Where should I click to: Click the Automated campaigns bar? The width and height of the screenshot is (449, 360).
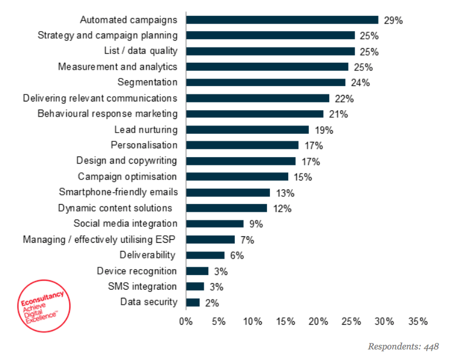pyautogui.click(x=282, y=19)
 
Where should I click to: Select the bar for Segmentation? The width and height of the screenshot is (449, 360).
pyautogui.click(x=265, y=82)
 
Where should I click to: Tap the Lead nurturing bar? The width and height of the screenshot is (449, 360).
pyautogui.click(x=247, y=130)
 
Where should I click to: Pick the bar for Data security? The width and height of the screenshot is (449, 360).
pyautogui.click(x=193, y=302)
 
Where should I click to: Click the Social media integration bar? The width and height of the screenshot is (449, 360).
pyautogui.click(x=214, y=223)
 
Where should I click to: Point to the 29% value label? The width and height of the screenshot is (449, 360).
pyautogui.click(x=393, y=20)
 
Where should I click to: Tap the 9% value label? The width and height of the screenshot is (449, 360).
pyautogui.click(x=256, y=224)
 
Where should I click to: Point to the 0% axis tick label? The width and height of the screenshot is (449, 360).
pyautogui.click(x=185, y=321)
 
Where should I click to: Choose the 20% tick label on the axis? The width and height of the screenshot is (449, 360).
pyautogui.click(x=319, y=321)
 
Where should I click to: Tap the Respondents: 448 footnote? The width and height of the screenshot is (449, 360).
pyautogui.click(x=403, y=347)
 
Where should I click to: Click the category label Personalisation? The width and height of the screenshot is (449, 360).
pyautogui.click(x=144, y=145)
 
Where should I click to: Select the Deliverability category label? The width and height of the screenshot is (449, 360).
pyautogui.click(x=147, y=254)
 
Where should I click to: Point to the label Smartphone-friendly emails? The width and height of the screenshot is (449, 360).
pyautogui.click(x=118, y=192)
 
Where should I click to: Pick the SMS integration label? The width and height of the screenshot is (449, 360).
pyautogui.click(x=142, y=286)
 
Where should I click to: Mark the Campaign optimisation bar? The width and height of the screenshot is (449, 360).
pyautogui.click(x=237, y=176)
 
